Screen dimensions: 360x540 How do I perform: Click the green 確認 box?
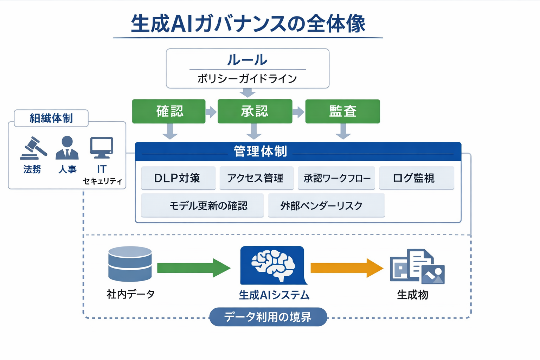pos(169,111)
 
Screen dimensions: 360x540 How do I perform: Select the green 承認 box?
pos(255,111)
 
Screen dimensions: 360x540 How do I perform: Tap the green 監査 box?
pos(342,111)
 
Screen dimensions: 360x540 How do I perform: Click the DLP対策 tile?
pos(178,178)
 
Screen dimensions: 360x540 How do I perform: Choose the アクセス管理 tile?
pos(256,178)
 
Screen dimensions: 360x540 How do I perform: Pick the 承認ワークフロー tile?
pos(336,178)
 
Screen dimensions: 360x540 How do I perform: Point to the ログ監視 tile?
pos(416,178)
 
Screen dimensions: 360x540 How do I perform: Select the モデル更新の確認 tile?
pos(202,206)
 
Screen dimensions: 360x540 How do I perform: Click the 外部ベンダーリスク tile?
pos(326,206)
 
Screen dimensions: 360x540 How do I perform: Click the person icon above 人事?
pos(67,148)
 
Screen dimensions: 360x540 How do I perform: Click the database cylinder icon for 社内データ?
pos(130,264)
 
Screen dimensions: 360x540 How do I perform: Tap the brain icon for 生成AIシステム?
pos(272,265)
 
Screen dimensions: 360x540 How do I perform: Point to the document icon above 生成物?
pos(417,266)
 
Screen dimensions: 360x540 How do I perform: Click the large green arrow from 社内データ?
pos(193,268)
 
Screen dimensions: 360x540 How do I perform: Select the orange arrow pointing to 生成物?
pos(346,268)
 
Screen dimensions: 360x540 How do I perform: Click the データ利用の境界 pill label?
pos(268,317)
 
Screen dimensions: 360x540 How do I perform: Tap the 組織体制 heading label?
pos(51,118)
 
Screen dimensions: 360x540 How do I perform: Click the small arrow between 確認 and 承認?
pos(211,112)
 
